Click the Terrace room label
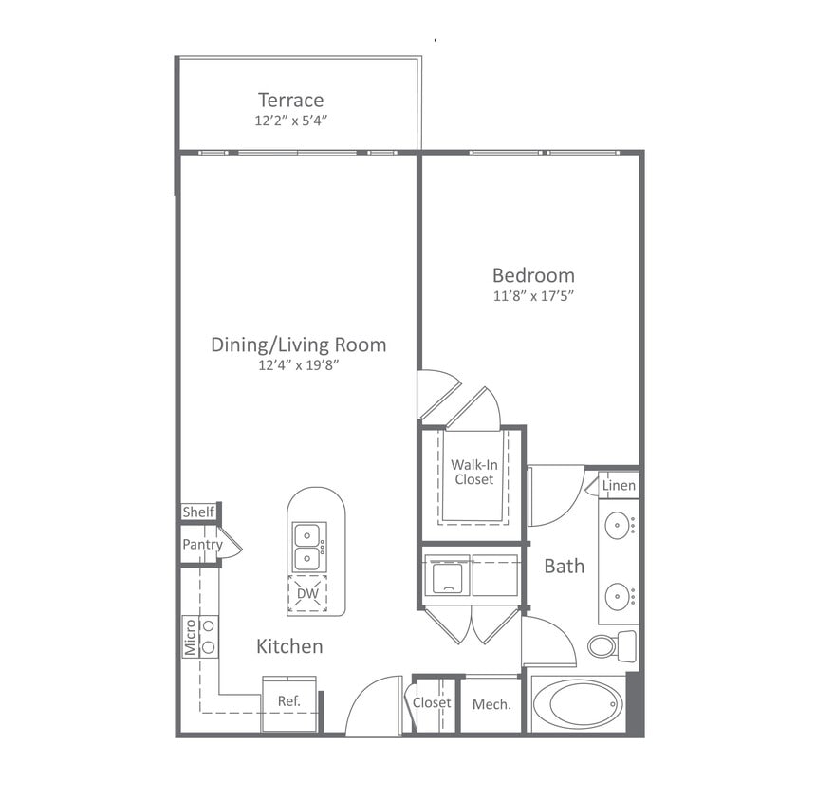[x=290, y=100]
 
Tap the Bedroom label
[x=532, y=275]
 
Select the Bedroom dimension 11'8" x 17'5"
[x=532, y=296]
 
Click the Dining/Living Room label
[x=298, y=345]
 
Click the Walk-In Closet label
[x=473, y=472]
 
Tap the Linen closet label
[x=619, y=486]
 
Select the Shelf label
[x=198, y=512]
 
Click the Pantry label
[x=202, y=545]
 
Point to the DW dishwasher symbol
[x=306, y=594]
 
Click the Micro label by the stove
[x=190, y=637]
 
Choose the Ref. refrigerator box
[x=288, y=702]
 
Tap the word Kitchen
[x=289, y=646]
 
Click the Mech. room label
[x=491, y=704]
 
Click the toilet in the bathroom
[x=607, y=645]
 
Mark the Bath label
[x=564, y=567]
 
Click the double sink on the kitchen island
[x=307, y=547]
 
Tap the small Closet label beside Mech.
[x=432, y=703]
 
